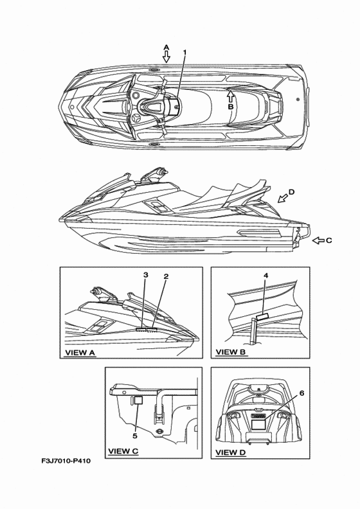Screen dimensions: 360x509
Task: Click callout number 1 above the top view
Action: point(184,52)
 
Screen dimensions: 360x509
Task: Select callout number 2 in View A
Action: point(166,276)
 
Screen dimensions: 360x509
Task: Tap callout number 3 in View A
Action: point(146,275)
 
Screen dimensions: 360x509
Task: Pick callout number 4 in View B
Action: point(266,276)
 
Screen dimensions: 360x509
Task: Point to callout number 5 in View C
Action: point(135,436)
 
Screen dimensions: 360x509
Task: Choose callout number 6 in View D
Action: point(301,393)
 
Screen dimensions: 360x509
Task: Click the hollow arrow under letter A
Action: point(166,57)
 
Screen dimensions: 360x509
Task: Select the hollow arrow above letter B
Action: point(230,96)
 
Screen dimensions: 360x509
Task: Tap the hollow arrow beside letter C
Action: point(318,240)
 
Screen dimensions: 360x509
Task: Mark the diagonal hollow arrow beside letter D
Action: point(282,198)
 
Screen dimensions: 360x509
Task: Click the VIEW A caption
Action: point(80,353)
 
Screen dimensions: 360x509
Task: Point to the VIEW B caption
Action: point(231,352)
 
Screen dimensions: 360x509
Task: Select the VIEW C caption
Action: point(123,451)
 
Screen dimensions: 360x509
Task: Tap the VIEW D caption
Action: point(231,452)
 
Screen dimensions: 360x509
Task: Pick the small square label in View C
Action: point(139,400)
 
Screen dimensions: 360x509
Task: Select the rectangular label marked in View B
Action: point(263,317)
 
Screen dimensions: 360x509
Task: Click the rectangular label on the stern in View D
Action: point(258,425)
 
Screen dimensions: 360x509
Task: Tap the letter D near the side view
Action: point(291,192)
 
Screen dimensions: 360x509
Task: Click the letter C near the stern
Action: point(329,240)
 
